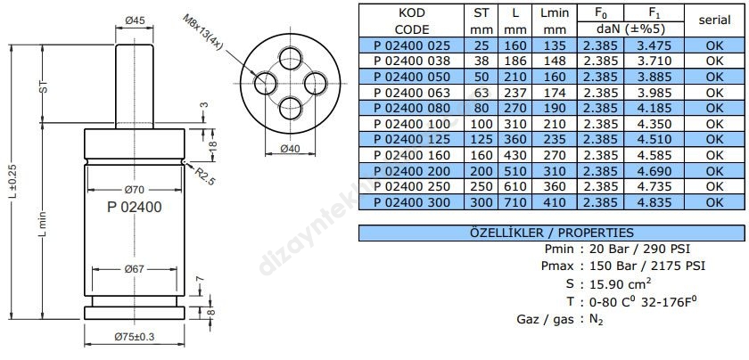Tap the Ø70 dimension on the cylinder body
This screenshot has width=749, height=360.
click(134, 189)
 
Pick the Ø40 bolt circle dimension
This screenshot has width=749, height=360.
click(291, 149)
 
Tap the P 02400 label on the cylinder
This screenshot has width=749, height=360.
click(134, 207)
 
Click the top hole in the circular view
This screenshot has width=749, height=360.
click(291, 60)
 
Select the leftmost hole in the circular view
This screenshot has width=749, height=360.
click(266, 83)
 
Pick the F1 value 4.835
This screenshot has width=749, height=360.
click(650, 202)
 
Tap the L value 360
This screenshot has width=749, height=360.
click(514, 140)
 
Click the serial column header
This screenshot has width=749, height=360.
click(714, 20)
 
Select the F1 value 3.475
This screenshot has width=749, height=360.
click(650, 46)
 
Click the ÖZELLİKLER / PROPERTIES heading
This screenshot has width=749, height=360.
click(550, 232)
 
